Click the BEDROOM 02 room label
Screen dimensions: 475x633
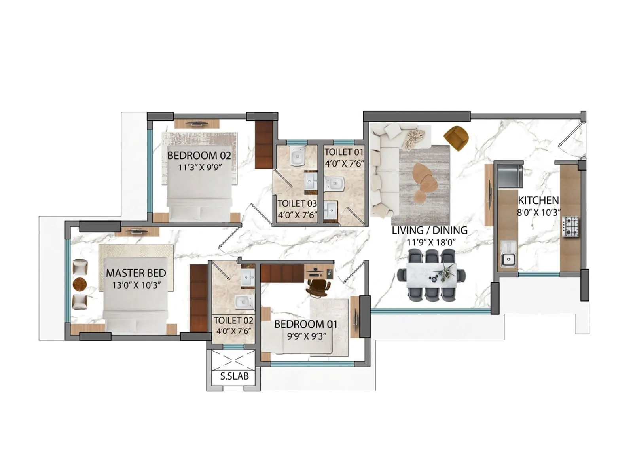pos(199,155)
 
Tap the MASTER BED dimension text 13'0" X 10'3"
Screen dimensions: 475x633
pos(136,285)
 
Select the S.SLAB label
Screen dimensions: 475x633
pos(234,376)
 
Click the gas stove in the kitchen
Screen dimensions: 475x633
pos(570,226)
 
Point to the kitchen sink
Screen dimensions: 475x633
pos(508,259)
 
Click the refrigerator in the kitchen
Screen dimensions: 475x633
pos(510,176)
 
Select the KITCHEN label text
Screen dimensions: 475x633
pos(538,200)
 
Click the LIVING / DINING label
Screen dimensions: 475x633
pos(430,230)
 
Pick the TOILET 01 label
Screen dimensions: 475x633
pos(344,152)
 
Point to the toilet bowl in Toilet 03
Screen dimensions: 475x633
pos(297,157)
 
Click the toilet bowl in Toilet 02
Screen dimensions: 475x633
pos(244,302)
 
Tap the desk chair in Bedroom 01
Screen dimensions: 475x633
pos(318,288)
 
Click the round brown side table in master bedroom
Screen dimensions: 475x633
pos(80,284)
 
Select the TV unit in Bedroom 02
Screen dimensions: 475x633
pos(197,123)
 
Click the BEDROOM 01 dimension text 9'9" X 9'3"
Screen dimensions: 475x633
pos(306,336)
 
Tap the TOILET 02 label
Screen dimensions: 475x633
pos(233,320)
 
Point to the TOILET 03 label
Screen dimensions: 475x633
pos(297,203)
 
